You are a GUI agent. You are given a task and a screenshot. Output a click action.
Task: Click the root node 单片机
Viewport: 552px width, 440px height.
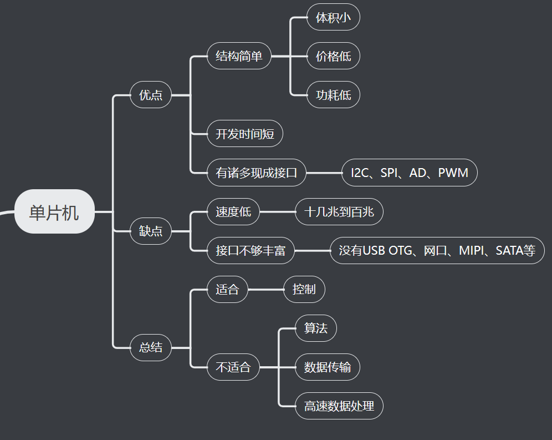(x=54, y=212)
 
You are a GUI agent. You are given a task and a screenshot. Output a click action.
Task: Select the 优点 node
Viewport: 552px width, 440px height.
(x=151, y=95)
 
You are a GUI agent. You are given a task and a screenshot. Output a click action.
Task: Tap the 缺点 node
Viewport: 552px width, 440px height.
(x=151, y=231)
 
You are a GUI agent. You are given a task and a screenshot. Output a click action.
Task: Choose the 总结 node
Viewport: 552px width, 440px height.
(x=151, y=347)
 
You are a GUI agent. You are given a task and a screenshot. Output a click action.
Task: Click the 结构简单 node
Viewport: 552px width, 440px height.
(x=239, y=56)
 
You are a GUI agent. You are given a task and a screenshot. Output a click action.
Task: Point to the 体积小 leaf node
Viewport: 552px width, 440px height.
(x=333, y=17)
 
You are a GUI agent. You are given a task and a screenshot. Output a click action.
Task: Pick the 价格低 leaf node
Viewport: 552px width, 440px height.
(x=333, y=56)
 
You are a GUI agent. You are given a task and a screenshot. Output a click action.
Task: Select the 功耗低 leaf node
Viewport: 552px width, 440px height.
(x=333, y=95)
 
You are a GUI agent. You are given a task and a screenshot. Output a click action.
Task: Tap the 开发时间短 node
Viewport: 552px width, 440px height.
(x=244, y=134)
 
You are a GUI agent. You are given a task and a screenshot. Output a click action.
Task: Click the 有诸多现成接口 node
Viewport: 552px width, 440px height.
(x=256, y=173)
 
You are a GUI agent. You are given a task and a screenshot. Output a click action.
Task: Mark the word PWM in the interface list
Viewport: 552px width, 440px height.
(x=453, y=173)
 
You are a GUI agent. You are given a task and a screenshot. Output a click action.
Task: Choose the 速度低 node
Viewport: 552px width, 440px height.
(x=233, y=211)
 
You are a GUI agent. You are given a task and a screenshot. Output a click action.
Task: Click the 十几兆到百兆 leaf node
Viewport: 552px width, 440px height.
(x=339, y=211)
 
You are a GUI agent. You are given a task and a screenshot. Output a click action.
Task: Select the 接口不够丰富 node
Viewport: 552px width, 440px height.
(x=251, y=250)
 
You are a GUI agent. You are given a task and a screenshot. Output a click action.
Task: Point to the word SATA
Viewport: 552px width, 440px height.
(x=509, y=250)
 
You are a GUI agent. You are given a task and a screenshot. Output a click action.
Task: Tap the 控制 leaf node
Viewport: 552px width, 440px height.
(x=304, y=289)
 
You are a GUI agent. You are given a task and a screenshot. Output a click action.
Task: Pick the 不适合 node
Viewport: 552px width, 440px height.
(x=233, y=367)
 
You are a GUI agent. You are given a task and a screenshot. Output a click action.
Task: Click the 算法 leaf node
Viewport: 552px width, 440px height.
(x=315, y=328)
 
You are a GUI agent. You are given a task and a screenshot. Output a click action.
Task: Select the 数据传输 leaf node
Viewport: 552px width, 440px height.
(x=327, y=367)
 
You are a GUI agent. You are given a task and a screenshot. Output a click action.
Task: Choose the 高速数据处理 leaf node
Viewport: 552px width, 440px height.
(x=339, y=406)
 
